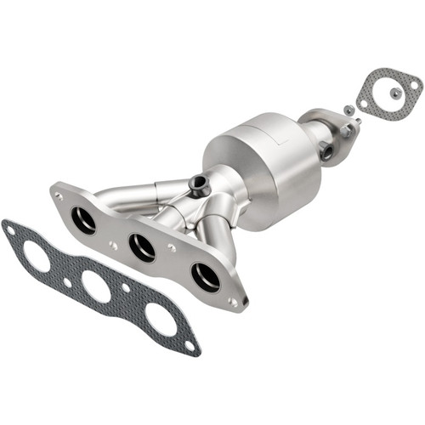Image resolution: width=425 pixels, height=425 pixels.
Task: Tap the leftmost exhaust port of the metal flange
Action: point(84,220)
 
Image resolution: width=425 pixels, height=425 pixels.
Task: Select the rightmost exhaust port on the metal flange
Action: point(205,276)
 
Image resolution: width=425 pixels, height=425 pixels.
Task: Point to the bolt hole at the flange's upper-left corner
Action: point(59,195)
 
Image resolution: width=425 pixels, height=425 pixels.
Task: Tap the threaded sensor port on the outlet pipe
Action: point(327,153)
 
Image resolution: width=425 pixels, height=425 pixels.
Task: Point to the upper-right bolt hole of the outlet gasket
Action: point(414,85)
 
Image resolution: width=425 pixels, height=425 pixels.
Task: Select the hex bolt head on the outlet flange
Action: point(356,124)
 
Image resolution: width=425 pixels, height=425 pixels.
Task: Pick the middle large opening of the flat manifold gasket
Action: point(96,286)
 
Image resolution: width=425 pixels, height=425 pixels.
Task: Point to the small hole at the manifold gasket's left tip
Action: point(10,228)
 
